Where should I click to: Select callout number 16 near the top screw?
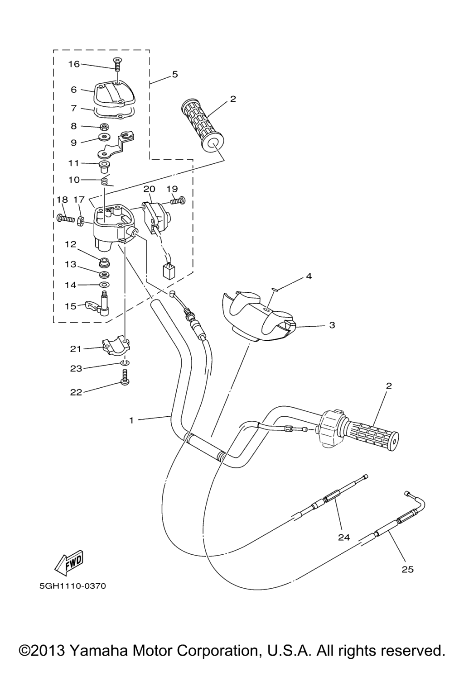74,64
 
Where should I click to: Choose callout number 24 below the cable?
344,537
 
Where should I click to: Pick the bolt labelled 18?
66,219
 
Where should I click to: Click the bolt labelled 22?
125,378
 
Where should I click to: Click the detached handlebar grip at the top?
202,126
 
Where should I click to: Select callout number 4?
309,276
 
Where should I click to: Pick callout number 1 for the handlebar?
131,420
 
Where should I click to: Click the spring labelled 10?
106,180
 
